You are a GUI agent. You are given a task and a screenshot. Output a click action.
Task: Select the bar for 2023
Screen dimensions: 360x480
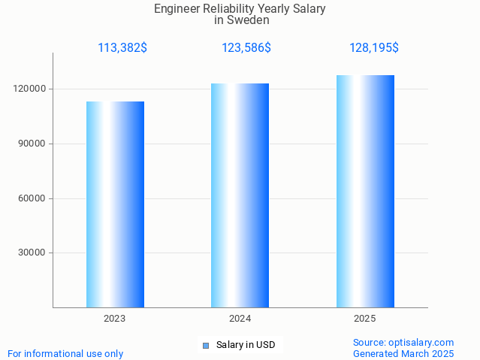pos(115,204)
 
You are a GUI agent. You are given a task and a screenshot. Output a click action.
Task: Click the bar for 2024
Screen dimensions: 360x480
pos(240,195)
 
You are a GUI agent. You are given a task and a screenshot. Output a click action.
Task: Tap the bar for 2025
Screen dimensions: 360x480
pos(365,192)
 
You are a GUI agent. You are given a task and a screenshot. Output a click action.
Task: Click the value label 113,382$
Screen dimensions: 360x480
pos(122,48)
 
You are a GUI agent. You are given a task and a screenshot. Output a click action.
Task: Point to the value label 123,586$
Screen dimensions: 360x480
pos(246,48)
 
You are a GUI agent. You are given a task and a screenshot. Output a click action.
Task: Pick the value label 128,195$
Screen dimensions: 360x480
pos(374,48)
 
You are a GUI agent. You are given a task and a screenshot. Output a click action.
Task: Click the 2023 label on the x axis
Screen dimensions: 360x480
pos(115,319)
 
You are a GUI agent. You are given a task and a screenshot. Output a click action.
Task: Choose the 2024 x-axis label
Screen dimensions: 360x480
pos(240,319)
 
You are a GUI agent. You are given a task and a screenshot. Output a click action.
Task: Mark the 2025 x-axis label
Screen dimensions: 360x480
pos(365,319)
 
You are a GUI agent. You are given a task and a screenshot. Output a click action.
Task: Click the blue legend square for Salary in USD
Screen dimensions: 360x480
pos(205,346)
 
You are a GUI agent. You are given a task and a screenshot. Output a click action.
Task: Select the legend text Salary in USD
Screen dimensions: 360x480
pos(246,346)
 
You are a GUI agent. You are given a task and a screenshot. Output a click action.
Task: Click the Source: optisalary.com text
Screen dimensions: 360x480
pos(403,343)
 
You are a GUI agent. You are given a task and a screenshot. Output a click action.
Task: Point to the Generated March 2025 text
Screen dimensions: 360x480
pos(403,353)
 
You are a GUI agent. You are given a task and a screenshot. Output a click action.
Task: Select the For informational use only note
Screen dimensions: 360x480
pos(65,353)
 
